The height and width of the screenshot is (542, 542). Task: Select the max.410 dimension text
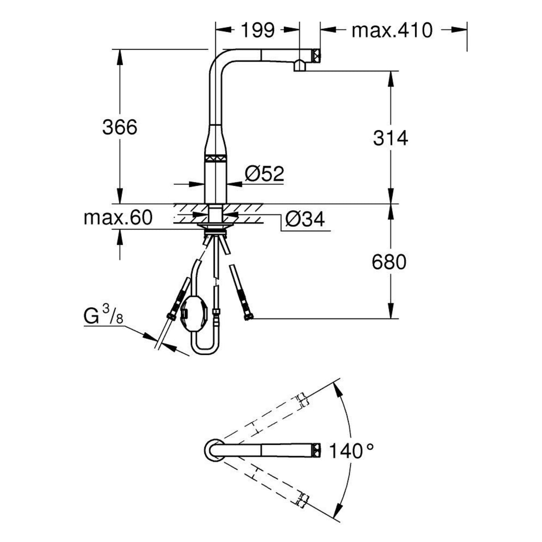tap(392, 30)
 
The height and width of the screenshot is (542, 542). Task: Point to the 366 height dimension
tap(119, 128)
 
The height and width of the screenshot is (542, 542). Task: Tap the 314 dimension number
tap(391, 138)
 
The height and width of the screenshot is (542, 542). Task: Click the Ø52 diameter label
tap(264, 173)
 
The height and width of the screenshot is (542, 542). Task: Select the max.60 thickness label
tap(118, 218)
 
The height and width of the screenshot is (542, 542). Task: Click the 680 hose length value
tap(389, 262)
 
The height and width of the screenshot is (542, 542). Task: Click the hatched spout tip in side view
tap(316, 55)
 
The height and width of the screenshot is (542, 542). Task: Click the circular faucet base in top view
tap(213, 450)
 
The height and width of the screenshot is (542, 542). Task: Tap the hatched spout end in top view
tap(316, 450)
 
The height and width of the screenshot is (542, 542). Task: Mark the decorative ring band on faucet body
tap(216, 158)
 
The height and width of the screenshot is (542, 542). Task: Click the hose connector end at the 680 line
tap(248, 317)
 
